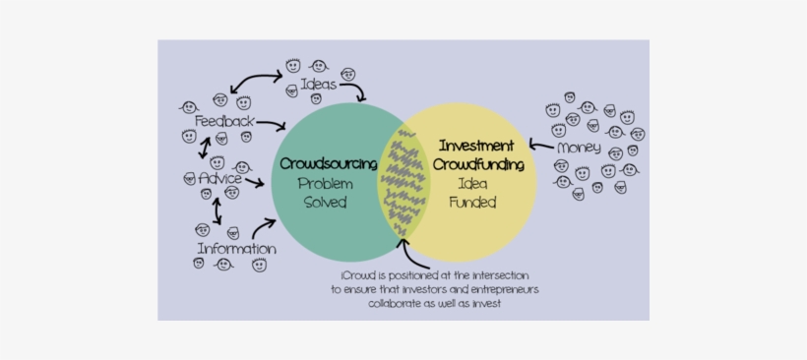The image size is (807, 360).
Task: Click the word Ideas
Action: (x=319, y=85)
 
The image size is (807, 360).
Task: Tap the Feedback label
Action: (x=224, y=121)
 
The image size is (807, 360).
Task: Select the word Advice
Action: (x=220, y=179)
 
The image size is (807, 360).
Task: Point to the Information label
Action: (x=236, y=249)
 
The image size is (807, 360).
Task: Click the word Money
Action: (x=578, y=149)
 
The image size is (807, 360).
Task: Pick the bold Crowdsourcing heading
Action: (x=329, y=162)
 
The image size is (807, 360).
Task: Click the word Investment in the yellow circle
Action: (x=476, y=144)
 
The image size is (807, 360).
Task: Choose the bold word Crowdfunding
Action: (x=478, y=162)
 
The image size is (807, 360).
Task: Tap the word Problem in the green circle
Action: (x=326, y=183)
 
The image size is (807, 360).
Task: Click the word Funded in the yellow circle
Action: (x=472, y=203)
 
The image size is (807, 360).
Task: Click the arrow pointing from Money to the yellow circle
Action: (x=540, y=146)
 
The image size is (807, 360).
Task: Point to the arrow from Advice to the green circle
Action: (x=254, y=182)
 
